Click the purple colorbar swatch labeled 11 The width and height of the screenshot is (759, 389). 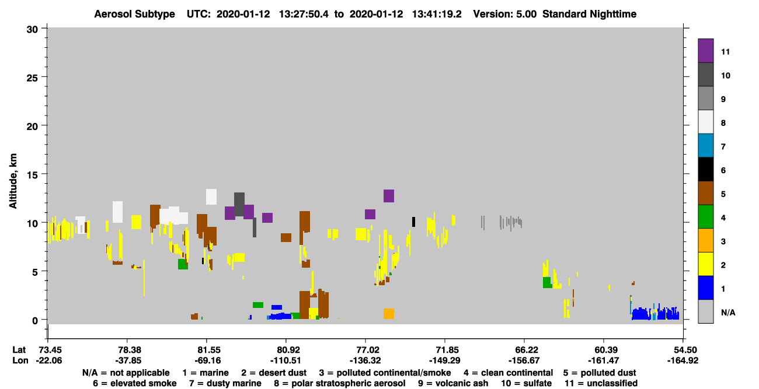click(705, 51)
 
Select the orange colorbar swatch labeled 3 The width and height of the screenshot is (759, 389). click(705, 240)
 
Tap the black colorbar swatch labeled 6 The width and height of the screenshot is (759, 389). click(705, 169)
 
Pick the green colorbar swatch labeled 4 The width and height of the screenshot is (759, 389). click(705, 217)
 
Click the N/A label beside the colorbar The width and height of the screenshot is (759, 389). click(728, 313)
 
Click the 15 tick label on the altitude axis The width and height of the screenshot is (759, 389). click(32, 174)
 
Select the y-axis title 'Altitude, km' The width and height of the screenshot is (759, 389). click(13, 181)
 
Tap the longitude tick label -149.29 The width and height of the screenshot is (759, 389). click(444, 360)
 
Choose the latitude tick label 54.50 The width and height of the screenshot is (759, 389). click(683, 350)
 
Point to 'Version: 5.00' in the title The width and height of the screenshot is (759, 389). click(505, 14)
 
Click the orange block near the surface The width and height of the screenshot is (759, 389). click(389, 314)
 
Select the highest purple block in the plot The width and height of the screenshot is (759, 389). click(389, 196)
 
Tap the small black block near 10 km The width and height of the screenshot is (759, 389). click(413, 222)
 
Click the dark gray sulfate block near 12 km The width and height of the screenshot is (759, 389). click(239, 204)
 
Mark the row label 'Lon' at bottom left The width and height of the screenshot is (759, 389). click(20, 360)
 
